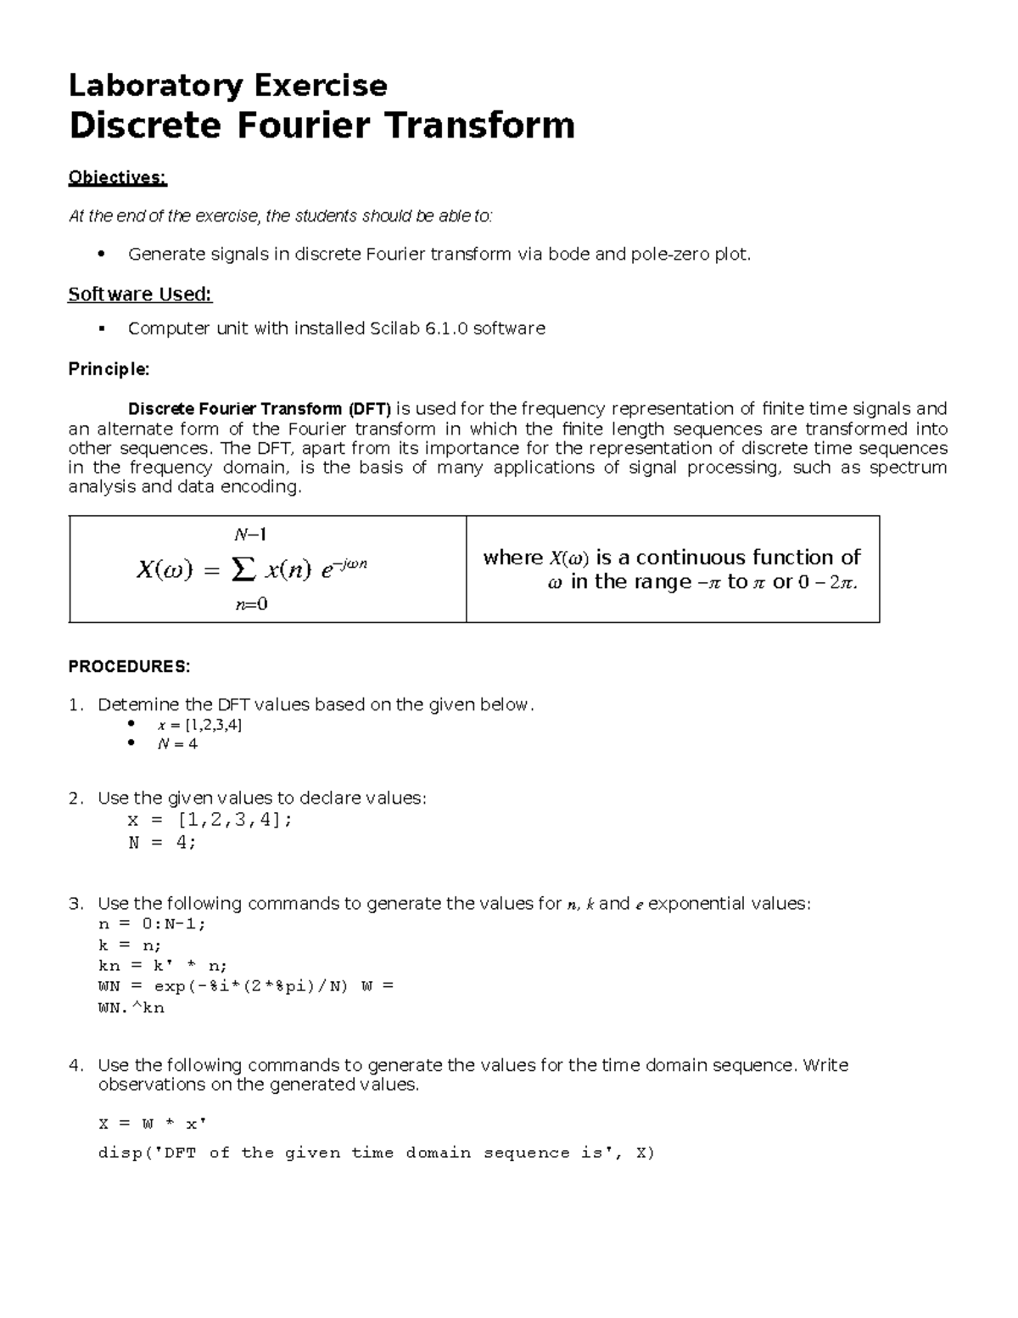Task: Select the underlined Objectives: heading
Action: (117, 177)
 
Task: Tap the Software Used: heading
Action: (139, 294)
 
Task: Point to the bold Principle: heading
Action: (109, 369)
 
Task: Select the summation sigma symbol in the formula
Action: (243, 569)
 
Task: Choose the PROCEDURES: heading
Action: (129, 666)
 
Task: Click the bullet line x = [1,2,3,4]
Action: (199, 725)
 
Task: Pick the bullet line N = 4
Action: (177, 743)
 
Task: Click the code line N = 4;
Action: (161, 843)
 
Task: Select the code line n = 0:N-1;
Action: (152, 924)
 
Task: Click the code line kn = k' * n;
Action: (162, 966)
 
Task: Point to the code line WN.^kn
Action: (131, 1008)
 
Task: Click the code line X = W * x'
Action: (152, 1124)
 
